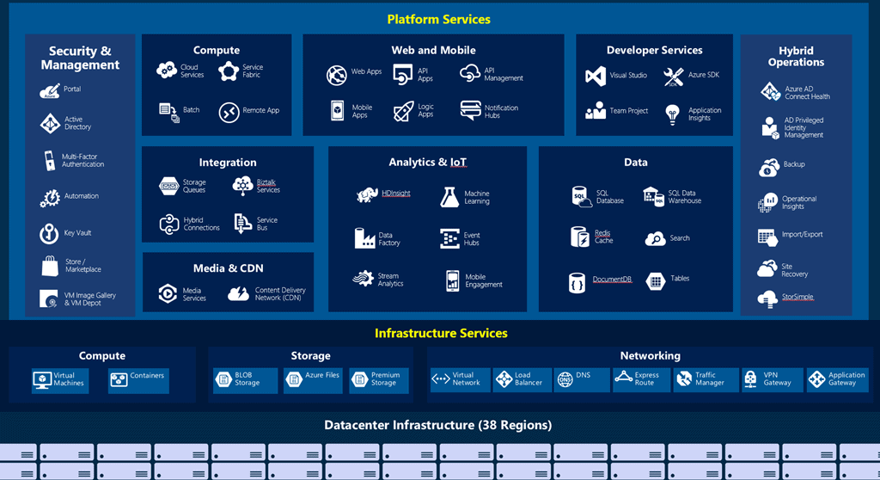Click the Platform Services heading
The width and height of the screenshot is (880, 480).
[439, 19]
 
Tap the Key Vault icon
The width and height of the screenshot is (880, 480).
[49, 232]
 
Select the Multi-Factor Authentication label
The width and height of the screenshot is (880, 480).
[82, 160]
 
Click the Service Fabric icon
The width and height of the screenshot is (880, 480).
[228, 71]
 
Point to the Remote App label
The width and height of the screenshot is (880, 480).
[260, 110]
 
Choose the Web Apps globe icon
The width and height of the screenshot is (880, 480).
[336, 75]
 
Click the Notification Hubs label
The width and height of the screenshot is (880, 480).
[501, 112]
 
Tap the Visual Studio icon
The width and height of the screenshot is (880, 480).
[596, 76]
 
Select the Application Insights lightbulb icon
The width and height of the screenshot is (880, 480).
[672, 113]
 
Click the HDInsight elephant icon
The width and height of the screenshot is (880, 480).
[367, 195]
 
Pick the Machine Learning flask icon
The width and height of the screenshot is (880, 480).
[449, 197]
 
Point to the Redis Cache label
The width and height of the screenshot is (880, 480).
[603, 237]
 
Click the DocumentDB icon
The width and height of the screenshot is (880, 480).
[577, 281]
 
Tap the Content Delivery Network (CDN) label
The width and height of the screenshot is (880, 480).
[279, 294]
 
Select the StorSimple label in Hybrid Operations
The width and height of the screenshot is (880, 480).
[797, 297]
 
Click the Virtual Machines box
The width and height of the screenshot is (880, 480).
[60, 379]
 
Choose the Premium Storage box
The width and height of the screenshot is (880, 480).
[379, 379]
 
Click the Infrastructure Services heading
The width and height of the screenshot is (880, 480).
[441, 333]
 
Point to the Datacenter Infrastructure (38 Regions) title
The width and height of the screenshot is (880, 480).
[437, 425]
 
